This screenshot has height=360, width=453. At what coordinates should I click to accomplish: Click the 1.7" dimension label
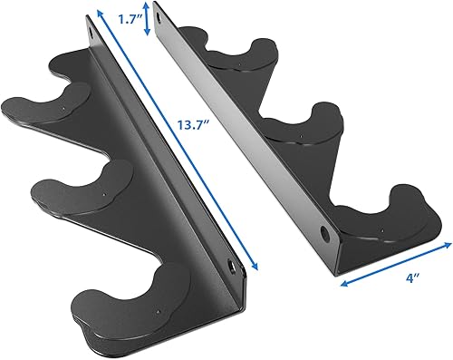131,18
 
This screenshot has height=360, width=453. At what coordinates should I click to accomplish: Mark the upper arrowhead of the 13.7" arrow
98,13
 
